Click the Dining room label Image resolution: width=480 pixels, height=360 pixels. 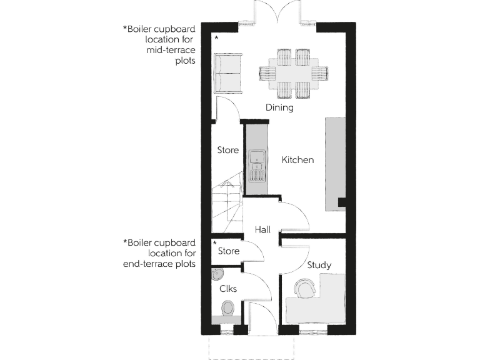click(x=279, y=107)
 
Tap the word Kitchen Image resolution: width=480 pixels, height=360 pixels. click(x=297, y=160)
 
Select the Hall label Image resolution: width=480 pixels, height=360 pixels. click(x=262, y=230)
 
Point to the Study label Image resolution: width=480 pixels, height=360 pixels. click(x=319, y=265)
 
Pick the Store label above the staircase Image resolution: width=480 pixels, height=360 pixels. click(x=228, y=150)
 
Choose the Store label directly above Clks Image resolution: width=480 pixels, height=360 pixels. click(x=228, y=251)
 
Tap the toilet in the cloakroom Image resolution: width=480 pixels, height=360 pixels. click(x=228, y=307)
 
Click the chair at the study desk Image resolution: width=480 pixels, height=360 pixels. click(x=306, y=289)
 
